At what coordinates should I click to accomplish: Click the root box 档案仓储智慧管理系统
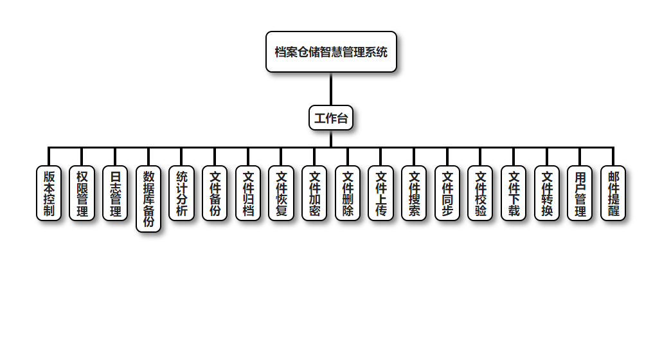tap(331, 52)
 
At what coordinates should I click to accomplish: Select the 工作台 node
tap(331, 118)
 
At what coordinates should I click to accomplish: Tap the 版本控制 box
tap(49, 193)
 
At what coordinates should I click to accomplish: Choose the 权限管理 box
tap(82, 193)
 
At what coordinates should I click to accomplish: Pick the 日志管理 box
tap(115, 193)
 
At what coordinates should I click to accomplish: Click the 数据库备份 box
tap(148, 199)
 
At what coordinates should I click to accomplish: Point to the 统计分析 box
tap(181, 193)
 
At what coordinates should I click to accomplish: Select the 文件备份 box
tap(215, 193)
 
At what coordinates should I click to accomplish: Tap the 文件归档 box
tap(248, 193)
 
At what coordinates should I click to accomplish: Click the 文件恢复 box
tap(281, 193)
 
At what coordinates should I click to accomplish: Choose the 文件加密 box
tap(314, 193)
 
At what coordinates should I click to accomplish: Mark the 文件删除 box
tap(348, 193)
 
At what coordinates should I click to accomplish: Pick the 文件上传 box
tap(380, 193)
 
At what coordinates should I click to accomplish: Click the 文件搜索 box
tap(414, 193)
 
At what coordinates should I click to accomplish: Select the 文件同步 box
tap(447, 193)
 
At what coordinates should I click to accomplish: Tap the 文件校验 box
tap(480, 193)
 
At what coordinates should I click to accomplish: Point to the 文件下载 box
tap(514, 193)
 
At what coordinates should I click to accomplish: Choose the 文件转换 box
tap(547, 193)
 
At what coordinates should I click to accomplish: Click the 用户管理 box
tap(580, 193)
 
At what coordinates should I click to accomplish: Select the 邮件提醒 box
tap(613, 193)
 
